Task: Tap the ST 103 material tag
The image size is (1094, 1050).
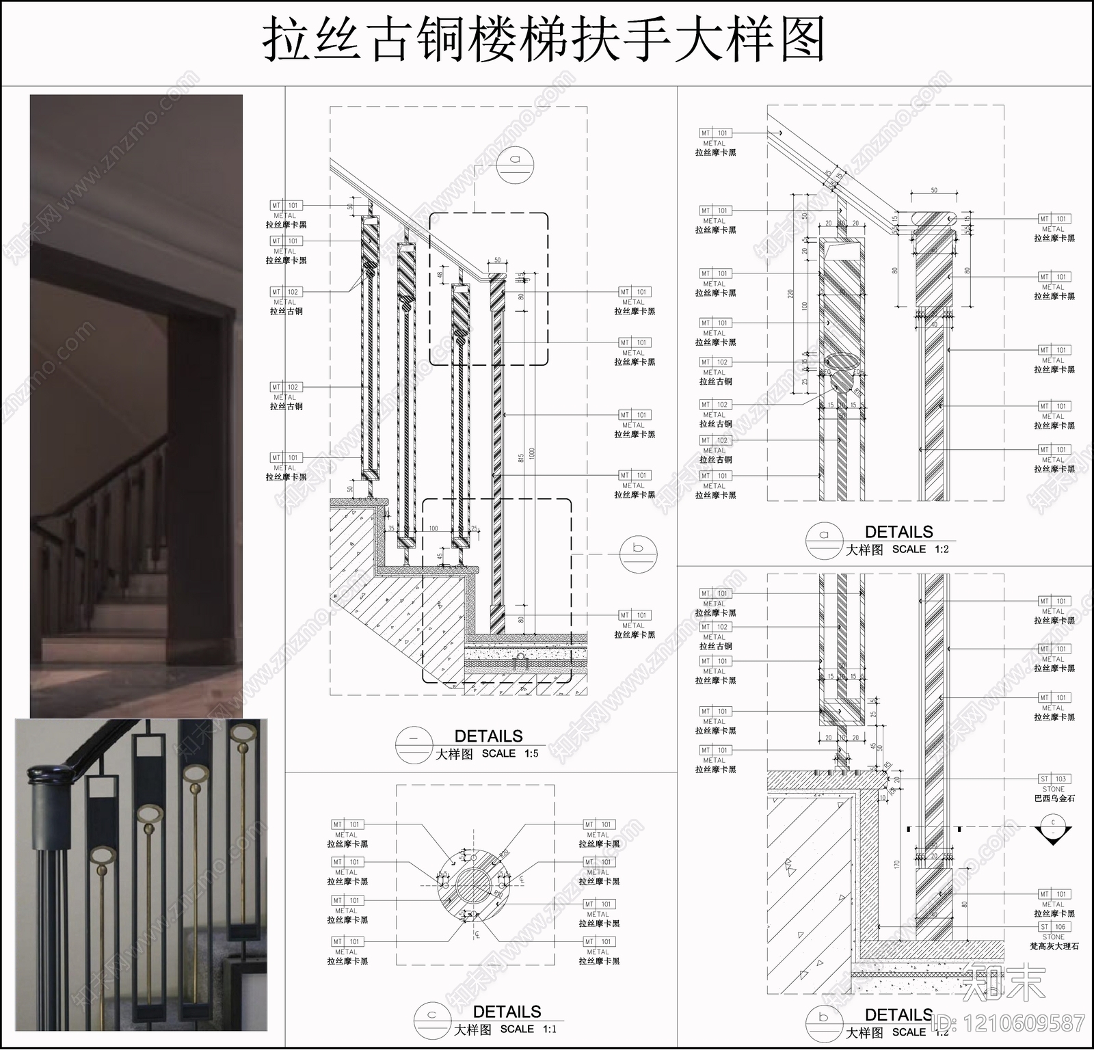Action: tap(1054, 779)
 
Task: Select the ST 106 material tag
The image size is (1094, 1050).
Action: tap(1054, 927)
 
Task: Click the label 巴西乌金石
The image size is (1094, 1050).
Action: tap(1054, 798)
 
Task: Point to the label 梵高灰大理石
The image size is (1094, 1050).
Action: tap(1054, 946)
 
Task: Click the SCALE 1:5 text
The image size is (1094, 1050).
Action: tap(509, 753)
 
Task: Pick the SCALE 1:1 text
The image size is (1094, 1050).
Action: tap(528, 1029)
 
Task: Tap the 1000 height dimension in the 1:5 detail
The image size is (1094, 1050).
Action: tap(532, 453)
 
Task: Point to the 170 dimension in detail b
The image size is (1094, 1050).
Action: tap(896, 864)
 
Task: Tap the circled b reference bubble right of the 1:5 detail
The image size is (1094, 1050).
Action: tap(638, 552)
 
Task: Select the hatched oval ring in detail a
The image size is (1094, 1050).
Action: tap(842, 362)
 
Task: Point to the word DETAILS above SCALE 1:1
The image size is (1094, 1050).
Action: tap(507, 1012)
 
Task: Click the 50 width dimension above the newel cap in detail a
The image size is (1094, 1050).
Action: tap(934, 190)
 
